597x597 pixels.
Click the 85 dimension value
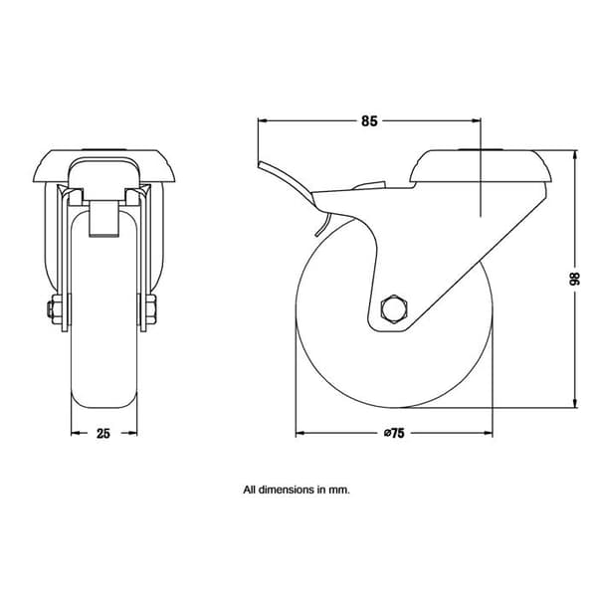[369, 121]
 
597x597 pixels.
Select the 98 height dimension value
[574, 279]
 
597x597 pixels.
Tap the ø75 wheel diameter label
[394, 433]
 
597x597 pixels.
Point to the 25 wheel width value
[103, 433]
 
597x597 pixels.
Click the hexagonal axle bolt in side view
[394, 309]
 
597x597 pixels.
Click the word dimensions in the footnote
[286, 490]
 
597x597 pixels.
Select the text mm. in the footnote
[339, 490]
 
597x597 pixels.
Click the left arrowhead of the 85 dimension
[263, 120]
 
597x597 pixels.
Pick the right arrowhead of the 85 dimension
[476, 120]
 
